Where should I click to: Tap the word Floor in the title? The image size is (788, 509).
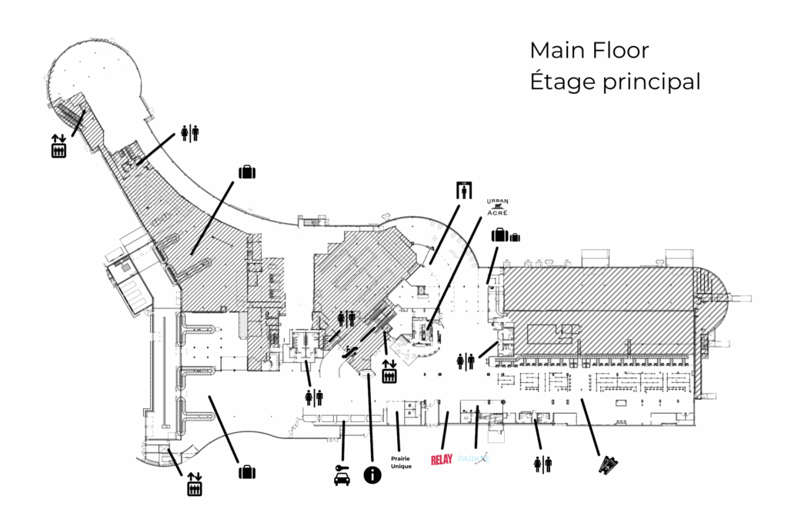620,51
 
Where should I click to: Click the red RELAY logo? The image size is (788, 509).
442,460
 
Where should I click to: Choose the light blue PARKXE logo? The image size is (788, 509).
473,459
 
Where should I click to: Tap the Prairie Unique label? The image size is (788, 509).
401,463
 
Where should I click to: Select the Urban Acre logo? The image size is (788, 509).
498,208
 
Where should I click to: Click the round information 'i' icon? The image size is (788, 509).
372,474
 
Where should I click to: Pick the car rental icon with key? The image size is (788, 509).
342,476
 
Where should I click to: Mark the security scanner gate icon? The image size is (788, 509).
463,189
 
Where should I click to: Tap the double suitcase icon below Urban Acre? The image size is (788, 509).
504,235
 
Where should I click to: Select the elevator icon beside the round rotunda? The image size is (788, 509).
58,146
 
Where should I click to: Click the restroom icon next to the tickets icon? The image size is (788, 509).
543,464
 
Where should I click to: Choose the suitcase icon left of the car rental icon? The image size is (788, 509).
246,471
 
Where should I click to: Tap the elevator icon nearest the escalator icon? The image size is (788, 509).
389,372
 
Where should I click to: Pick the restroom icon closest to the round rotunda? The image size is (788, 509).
189,133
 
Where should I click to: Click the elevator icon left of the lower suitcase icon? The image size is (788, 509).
194,484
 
